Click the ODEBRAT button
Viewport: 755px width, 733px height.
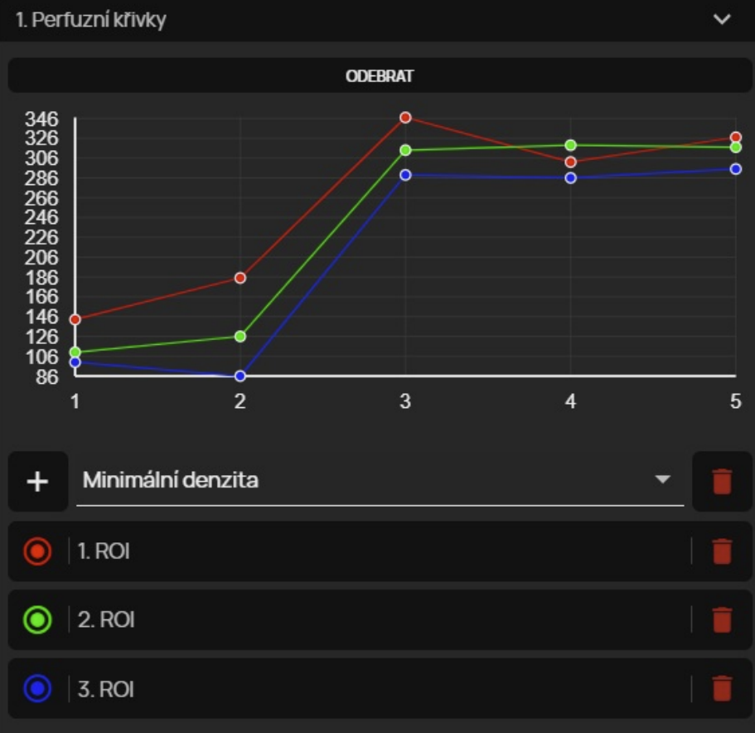[x=380, y=76]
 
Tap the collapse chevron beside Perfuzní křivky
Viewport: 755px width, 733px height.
[x=722, y=19]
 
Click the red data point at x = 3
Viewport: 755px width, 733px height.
[x=405, y=118]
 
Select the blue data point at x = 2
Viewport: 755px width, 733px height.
[x=240, y=376]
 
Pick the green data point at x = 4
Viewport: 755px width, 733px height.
[x=570, y=145]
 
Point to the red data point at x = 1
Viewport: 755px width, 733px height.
[x=75, y=319]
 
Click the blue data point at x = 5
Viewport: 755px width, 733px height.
[x=735, y=169]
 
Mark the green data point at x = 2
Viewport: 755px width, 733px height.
[x=240, y=336]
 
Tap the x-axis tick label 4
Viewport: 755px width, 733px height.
[x=570, y=401]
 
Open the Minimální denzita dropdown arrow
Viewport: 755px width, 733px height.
[x=662, y=479]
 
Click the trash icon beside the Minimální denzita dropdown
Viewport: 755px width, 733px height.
[x=722, y=481]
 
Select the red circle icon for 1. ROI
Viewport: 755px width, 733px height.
[x=38, y=551]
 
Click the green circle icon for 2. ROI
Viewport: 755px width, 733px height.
[x=38, y=619]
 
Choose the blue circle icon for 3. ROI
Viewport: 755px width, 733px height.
[x=38, y=688]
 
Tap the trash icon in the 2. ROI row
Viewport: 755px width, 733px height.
[x=722, y=619]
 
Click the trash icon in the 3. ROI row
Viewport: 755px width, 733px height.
[x=722, y=688]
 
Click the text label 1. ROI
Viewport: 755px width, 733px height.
[x=104, y=551]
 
